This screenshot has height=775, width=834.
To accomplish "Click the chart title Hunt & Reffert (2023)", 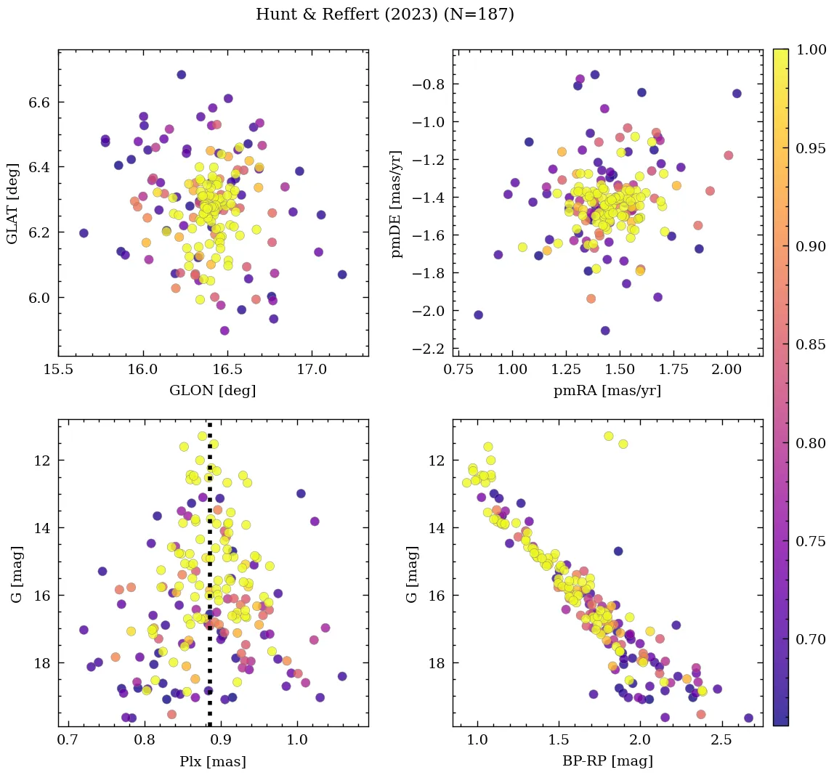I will (x=385, y=15).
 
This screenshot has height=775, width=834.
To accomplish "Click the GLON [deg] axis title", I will (x=213, y=391).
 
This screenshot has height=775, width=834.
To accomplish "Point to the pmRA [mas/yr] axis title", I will (x=607, y=391).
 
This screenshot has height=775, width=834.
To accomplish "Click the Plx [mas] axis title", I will (x=213, y=761).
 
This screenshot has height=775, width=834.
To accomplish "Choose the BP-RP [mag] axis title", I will (x=607, y=761).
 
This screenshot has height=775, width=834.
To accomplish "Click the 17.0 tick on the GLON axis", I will (x=312, y=370).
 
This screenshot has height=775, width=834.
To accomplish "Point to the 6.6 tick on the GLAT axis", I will (x=39, y=102).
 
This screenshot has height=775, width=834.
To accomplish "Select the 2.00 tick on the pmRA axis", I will (x=727, y=370).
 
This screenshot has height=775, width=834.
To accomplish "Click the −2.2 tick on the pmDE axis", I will (x=427, y=349).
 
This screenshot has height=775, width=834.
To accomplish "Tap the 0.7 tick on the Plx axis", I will (x=68, y=741).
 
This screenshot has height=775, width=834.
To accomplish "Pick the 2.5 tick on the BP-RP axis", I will (x=721, y=741).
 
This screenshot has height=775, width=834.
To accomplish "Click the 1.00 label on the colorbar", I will (x=811, y=49).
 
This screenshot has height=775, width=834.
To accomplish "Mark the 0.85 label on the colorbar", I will (x=811, y=344).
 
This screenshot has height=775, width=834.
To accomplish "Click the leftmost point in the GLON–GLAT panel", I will (x=84, y=233).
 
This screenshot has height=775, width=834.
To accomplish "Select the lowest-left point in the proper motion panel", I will (x=478, y=315).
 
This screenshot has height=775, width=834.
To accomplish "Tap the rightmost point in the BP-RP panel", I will (x=748, y=718).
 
